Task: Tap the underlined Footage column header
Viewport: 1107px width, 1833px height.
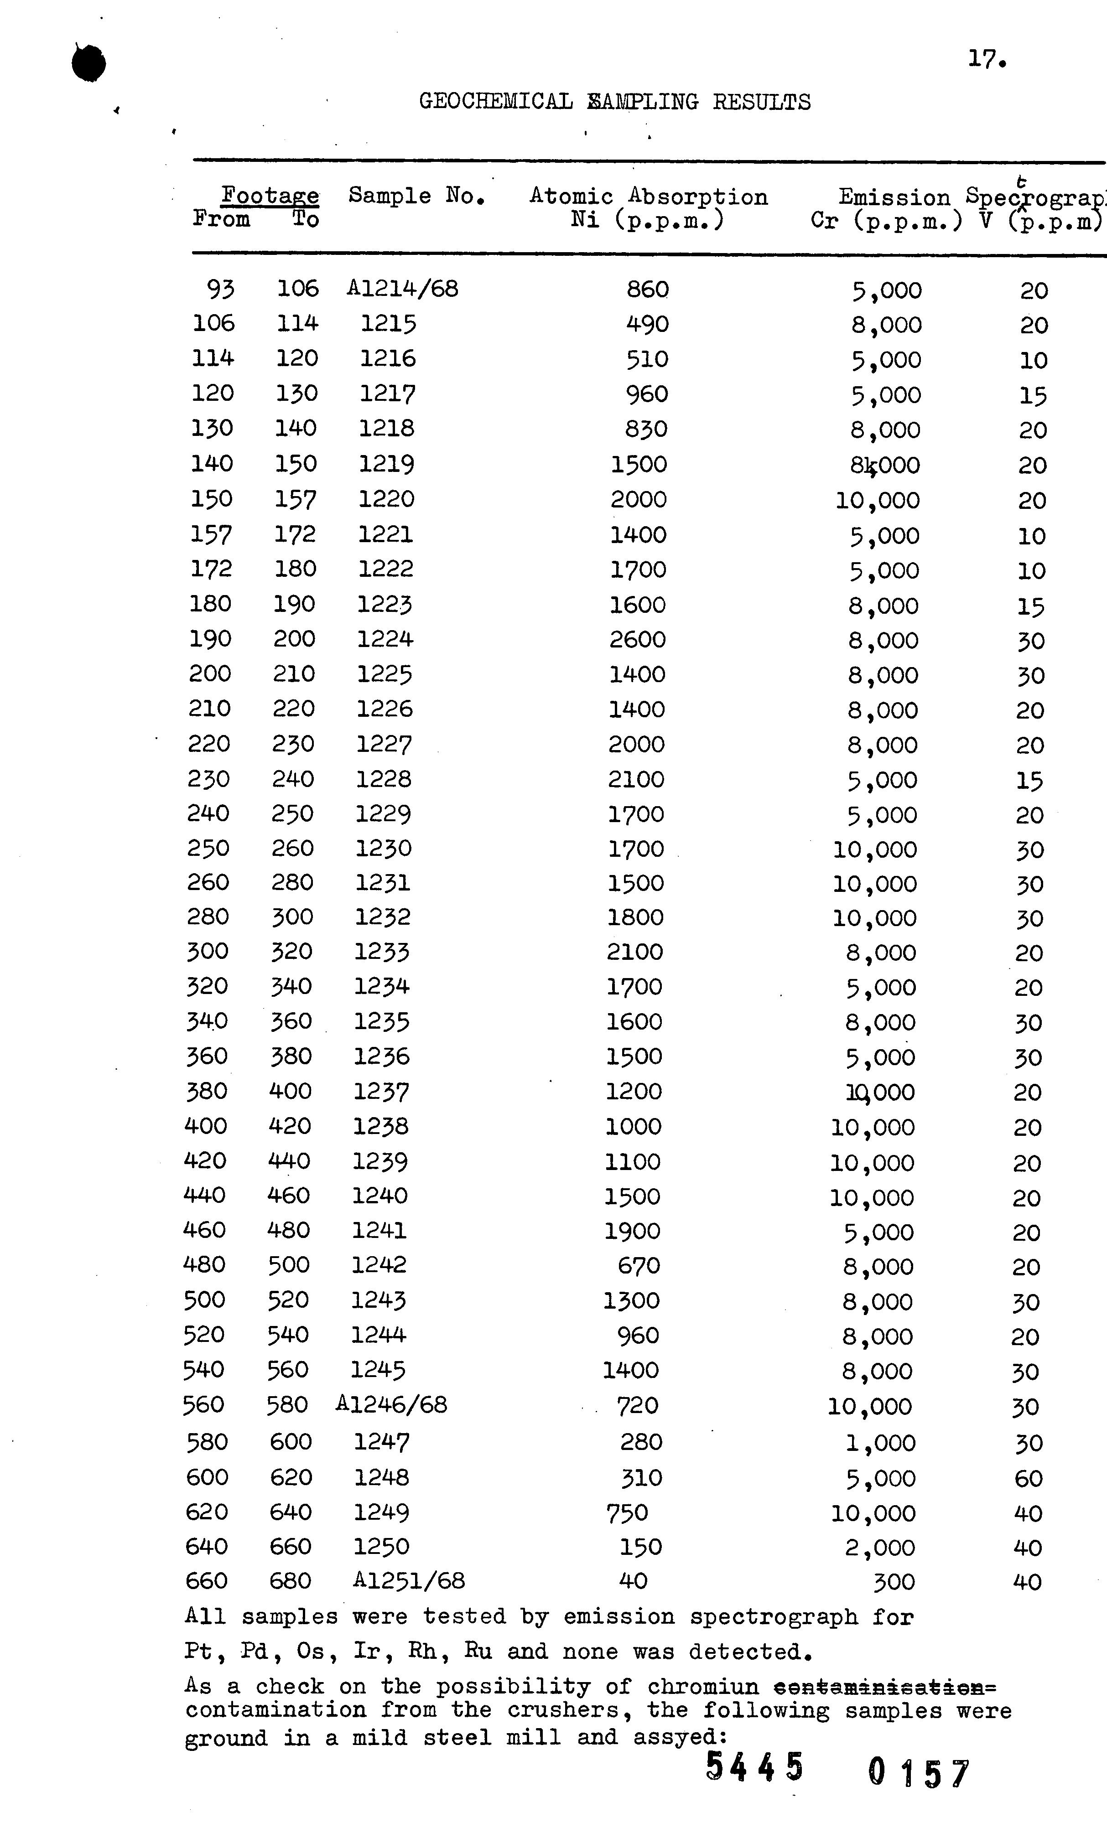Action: coord(270,196)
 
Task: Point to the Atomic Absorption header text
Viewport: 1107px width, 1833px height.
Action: coord(648,197)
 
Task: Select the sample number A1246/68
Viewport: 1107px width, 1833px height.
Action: coord(391,1404)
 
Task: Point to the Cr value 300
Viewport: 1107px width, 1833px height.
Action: coord(894,1582)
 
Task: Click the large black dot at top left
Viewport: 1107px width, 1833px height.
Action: coord(88,63)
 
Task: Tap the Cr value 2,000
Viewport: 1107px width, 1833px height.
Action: coord(879,1548)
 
